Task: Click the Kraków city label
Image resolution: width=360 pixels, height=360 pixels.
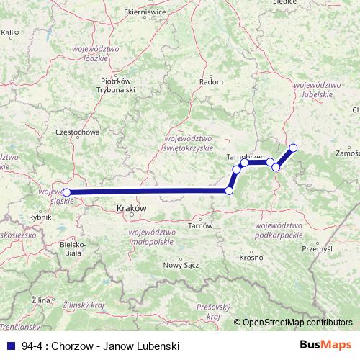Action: pyautogui.click(x=131, y=207)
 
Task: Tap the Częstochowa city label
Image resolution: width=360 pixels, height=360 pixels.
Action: pyautogui.click(x=77, y=132)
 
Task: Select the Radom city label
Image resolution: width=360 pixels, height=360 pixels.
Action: pyautogui.click(x=210, y=82)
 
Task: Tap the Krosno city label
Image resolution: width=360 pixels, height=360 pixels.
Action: pyautogui.click(x=251, y=257)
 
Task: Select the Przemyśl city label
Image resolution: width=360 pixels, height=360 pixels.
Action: pyautogui.click(x=317, y=248)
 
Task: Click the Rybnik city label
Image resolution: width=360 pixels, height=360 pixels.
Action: pyautogui.click(x=37, y=217)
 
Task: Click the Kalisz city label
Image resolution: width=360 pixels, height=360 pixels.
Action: pyautogui.click(x=11, y=32)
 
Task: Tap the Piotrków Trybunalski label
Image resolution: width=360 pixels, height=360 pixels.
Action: pyautogui.click(x=115, y=86)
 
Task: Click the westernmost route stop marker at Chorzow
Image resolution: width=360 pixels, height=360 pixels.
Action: pyautogui.click(x=67, y=192)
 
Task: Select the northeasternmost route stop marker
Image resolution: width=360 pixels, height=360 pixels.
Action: pyautogui.click(x=293, y=148)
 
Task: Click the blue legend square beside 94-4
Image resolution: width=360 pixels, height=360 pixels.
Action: pyautogui.click(x=11, y=346)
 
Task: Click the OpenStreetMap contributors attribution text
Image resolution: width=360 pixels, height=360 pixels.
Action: pyautogui.click(x=297, y=323)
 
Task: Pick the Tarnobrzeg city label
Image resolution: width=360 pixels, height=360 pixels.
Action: pyautogui.click(x=246, y=156)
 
